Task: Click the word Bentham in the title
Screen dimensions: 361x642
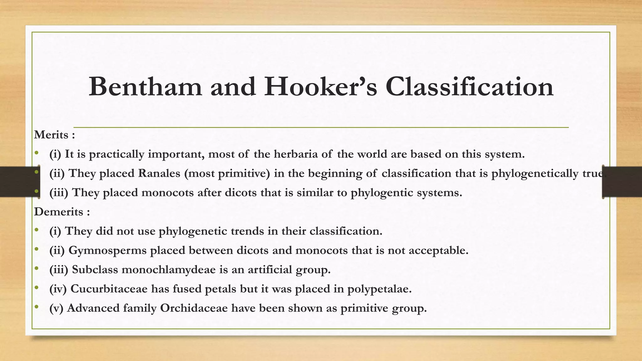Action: (145, 87)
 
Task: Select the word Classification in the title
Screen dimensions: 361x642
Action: (469, 87)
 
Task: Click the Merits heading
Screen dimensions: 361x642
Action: (51, 135)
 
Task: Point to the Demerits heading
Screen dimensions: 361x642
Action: (59, 212)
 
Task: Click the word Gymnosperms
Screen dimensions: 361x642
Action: (108, 250)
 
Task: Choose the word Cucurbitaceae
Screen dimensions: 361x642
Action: (109, 289)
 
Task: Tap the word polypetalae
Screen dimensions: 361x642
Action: (379, 289)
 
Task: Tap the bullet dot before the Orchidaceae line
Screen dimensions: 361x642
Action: (37, 307)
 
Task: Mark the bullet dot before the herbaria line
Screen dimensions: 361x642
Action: (37, 153)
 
